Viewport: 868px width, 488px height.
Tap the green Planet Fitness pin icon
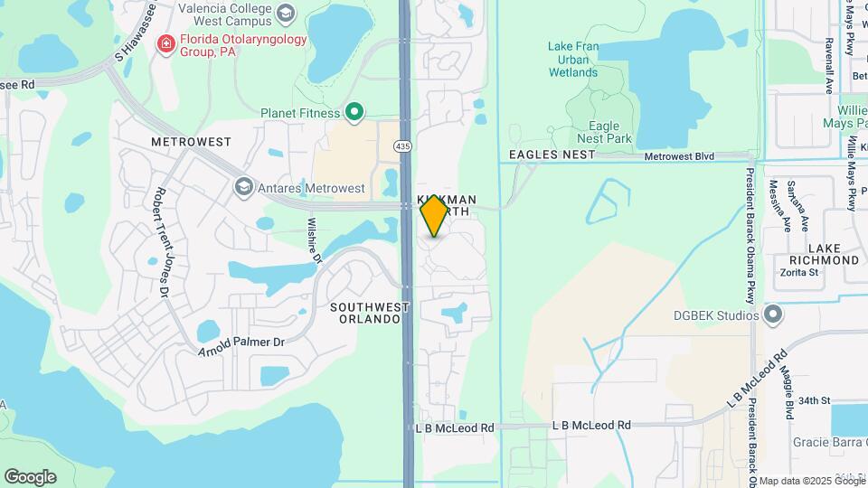[x=355, y=113]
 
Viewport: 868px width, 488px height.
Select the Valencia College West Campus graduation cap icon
[x=287, y=13]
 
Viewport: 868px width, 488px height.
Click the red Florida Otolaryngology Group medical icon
[x=165, y=43]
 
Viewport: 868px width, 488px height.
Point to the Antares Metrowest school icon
[x=242, y=188]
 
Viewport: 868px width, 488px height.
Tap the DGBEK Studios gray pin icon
[x=772, y=314]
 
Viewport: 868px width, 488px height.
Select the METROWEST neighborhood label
[x=192, y=143]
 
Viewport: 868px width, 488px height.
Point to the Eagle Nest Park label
[x=604, y=132]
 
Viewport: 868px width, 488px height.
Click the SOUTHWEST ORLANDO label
[x=370, y=313]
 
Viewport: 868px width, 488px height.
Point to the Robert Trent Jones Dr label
[x=162, y=241]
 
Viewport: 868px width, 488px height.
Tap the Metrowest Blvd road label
[x=679, y=156]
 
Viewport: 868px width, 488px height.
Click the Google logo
[x=30, y=476]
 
